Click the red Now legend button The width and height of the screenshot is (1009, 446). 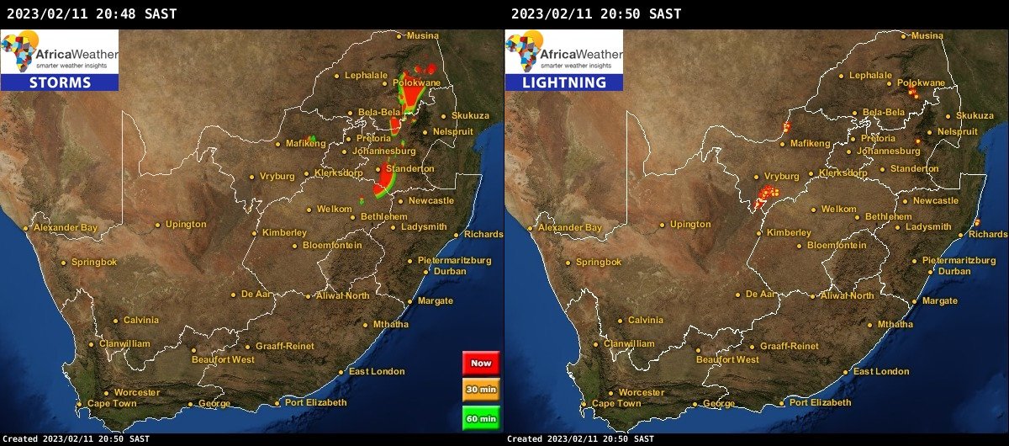pos(481,363)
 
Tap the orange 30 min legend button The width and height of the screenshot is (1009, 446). pos(481,390)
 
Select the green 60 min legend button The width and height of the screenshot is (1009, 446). pos(481,417)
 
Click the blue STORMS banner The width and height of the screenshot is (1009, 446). pos(60,82)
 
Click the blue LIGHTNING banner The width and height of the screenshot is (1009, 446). pos(564,82)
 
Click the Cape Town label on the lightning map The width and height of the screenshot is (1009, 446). pos(616,404)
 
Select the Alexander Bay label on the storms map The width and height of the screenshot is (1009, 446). pos(66,228)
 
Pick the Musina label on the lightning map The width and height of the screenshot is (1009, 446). pos(927,36)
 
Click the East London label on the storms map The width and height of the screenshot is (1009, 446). pos(377,372)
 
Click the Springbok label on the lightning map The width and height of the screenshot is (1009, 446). pos(599,263)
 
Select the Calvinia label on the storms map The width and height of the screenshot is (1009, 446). pos(140,321)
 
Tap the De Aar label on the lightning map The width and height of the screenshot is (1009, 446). pos(761,295)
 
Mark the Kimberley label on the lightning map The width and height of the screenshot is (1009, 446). pos(789,233)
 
